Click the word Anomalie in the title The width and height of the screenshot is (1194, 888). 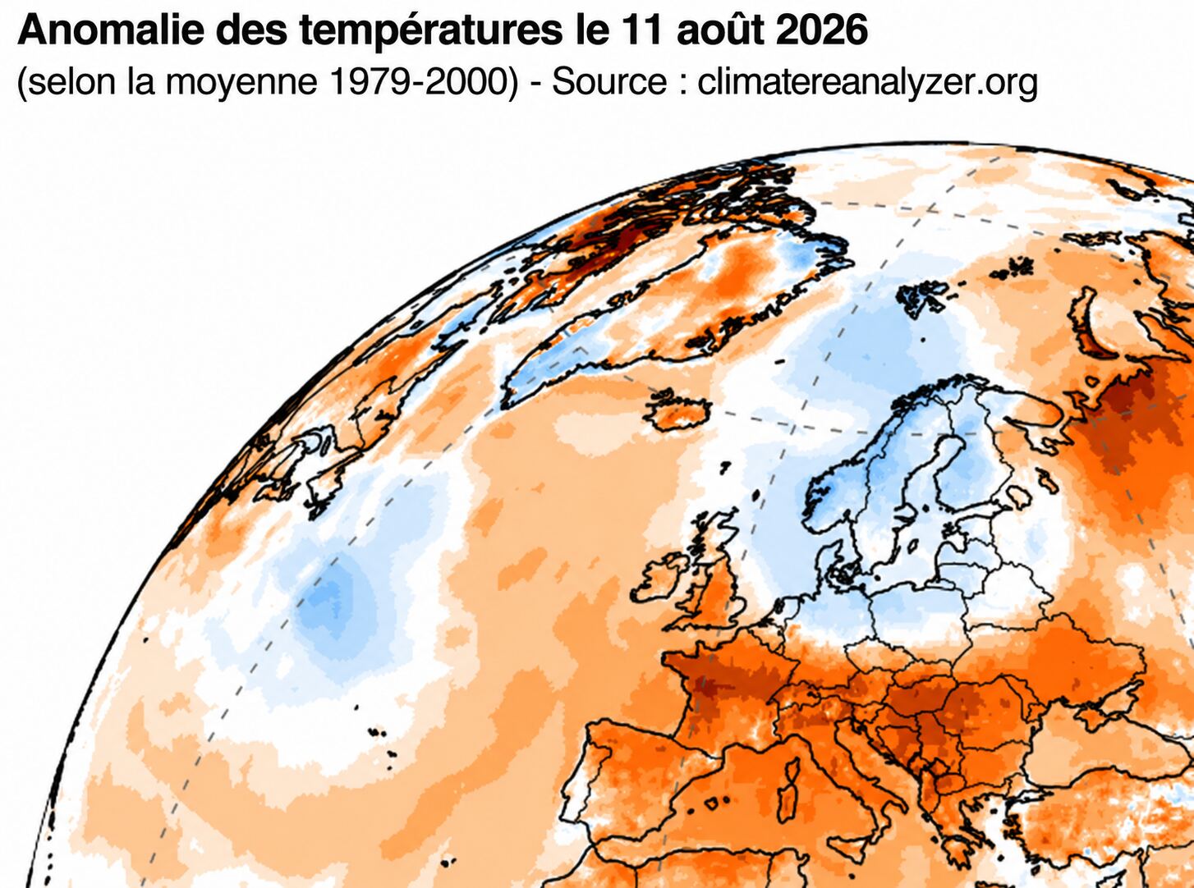[x=111, y=30]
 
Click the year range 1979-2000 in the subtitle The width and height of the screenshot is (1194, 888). [x=423, y=82]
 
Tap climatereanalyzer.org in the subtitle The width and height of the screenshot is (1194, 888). [x=867, y=83]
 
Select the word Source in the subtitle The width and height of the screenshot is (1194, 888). [x=609, y=82]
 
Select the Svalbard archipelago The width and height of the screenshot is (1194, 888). [x=923, y=299]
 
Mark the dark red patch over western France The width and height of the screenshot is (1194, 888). [x=705, y=689]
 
